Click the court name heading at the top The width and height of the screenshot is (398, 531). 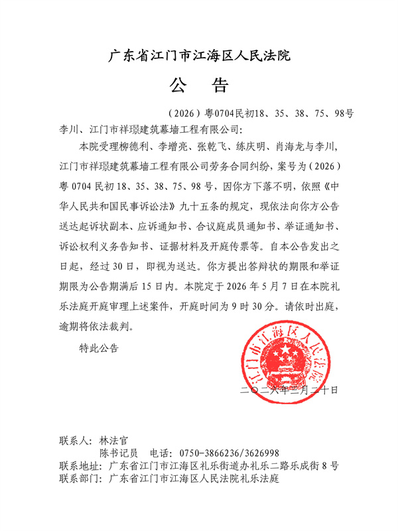point(199,54)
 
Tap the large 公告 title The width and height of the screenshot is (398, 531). point(199,86)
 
